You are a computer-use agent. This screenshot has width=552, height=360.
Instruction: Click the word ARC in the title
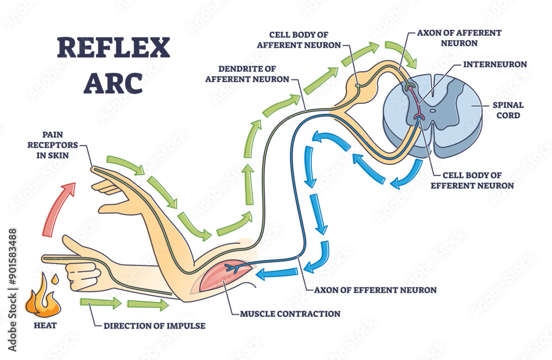click(113, 83)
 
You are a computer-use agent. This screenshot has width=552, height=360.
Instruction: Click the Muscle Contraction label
click(290, 314)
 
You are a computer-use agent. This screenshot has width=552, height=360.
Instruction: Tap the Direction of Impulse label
click(155, 326)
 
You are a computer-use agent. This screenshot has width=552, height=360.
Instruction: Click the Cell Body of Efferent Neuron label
click(472, 180)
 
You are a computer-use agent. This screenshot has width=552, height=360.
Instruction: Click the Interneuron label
click(495, 65)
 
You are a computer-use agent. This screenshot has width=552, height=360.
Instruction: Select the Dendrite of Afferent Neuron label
click(247, 73)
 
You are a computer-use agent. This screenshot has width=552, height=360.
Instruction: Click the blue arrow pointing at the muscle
click(276, 271)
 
